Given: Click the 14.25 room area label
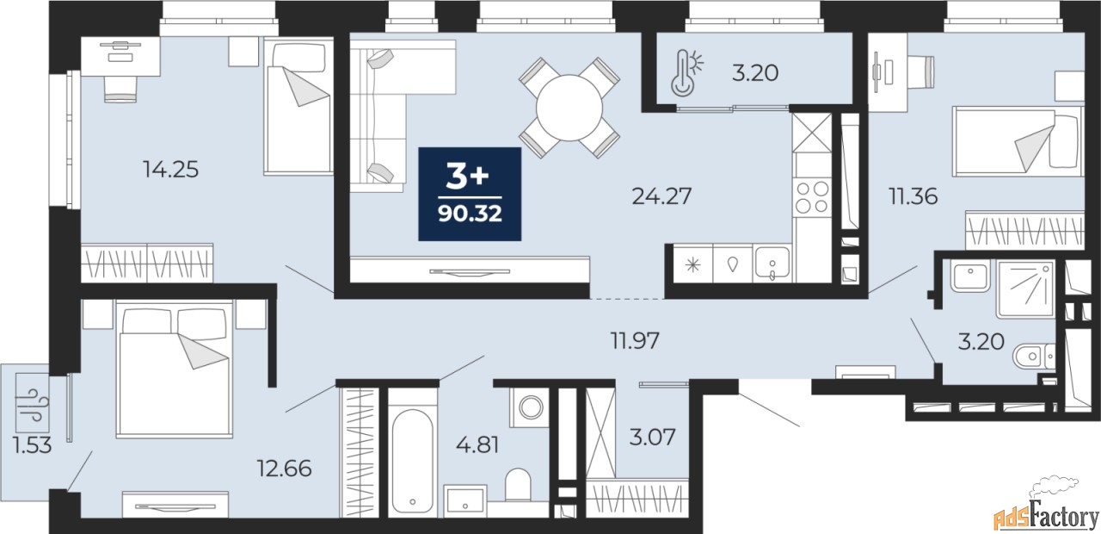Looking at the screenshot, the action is pos(170,170).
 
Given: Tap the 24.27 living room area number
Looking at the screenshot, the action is pos(661,196).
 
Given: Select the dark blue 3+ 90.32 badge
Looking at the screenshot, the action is pos(470,194).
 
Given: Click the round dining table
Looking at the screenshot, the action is pos(569,108).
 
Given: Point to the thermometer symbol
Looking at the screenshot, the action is pos(686,71).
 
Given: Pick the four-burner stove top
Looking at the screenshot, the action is pos(811,197).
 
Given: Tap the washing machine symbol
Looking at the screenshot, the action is pos(529,407).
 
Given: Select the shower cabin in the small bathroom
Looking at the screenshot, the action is pos(1025,289).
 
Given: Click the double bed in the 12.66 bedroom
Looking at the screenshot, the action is pos(175,369).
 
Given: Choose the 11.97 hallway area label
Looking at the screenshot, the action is pos(635,340).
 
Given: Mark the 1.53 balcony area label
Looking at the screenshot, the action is pos(33,446).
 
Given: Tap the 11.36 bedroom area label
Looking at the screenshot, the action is pos(913,197).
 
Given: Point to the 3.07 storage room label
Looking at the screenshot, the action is pos(652,437).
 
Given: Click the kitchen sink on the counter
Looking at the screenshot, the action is pos(772,264).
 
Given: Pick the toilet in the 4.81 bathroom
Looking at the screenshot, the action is pos(518,485).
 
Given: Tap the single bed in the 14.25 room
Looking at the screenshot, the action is pos(298,106).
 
